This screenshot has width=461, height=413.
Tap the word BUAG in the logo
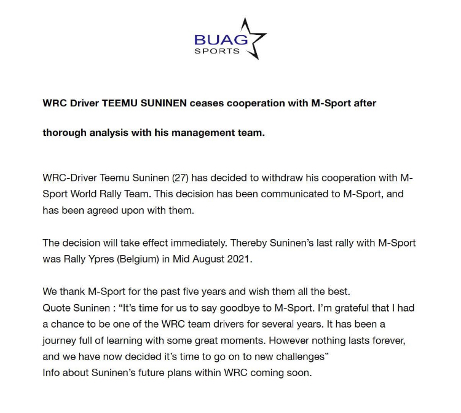tap(221, 40)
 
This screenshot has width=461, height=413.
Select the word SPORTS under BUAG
tap(217, 50)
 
